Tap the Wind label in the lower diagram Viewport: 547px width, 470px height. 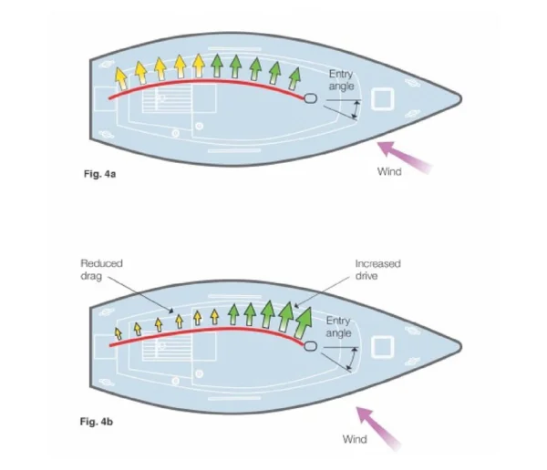pos(354,439)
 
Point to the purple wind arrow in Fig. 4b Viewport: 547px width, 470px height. pos(380,428)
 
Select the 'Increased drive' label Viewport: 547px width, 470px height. pos(377,269)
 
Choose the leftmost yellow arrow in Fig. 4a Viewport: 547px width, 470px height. pos(120,75)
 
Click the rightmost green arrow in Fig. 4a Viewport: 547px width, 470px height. pos(294,75)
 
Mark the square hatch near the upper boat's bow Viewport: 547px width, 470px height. pos(384,97)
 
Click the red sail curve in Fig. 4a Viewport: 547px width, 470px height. pos(210,82)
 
